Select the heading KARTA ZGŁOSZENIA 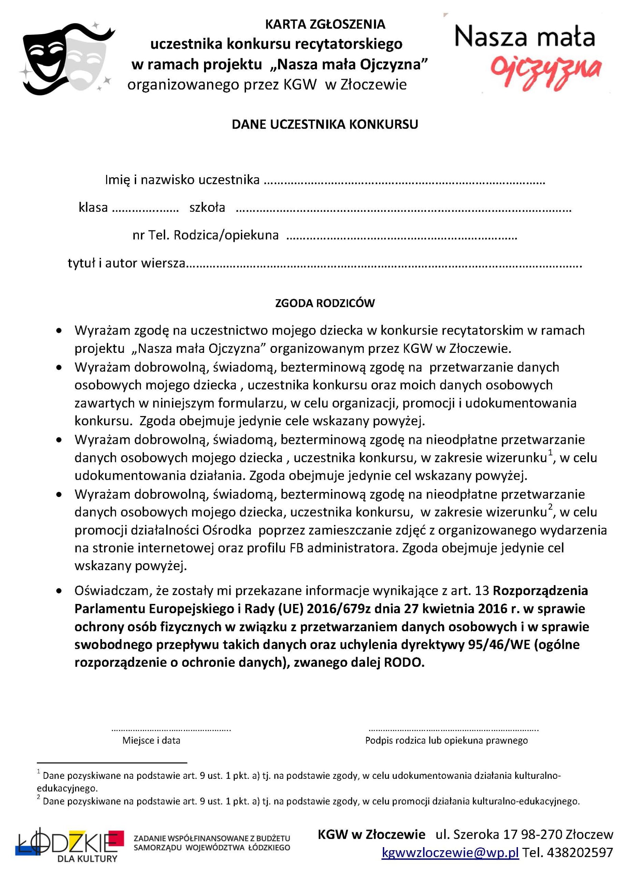click(x=325, y=24)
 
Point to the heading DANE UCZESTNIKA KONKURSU click(x=325, y=124)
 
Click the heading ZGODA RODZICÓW click(x=325, y=304)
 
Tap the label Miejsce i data click(x=151, y=740)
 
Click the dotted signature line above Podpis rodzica click(x=454, y=729)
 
